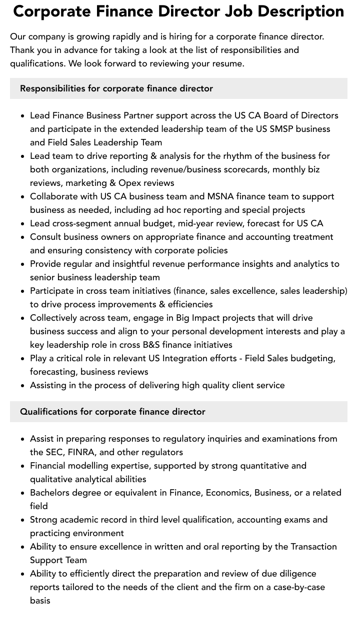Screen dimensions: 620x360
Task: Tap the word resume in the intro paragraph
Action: tap(228, 63)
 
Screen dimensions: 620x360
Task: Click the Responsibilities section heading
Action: tap(116, 88)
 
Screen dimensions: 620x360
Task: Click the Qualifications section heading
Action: tap(112, 412)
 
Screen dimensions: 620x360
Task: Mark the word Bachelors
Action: tap(51, 493)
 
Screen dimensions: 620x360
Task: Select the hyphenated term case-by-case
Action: tap(299, 587)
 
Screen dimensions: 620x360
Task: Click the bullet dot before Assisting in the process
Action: tap(23, 386)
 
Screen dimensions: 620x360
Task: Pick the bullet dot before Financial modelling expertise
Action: tap(23, 466)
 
